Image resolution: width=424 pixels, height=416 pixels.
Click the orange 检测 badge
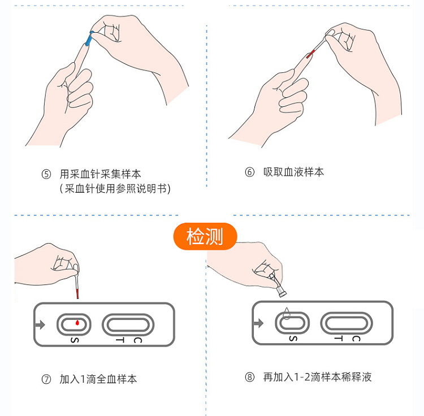(x=205, y=236)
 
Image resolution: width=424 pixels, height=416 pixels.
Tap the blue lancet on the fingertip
(x=89, y=38)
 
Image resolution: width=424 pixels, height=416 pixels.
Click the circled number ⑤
(x=46, y=174)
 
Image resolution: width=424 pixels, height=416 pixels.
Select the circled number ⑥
(x=249, y=172)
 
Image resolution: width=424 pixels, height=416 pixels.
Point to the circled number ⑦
(x=46, y=379)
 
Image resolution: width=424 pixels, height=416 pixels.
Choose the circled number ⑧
(x=249, y=377)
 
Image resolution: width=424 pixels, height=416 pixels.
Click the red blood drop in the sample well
(x=77, y=322)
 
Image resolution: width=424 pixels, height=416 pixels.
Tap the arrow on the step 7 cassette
(x=40, y=324)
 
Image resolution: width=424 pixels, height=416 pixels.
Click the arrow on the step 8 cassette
(x=259, y=323)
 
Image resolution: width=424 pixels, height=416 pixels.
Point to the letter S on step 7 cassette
(x=75, y=340)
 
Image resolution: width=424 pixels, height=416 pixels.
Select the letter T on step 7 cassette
(x=120, y=340)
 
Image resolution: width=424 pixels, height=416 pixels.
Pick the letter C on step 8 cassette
(x=356, y=339)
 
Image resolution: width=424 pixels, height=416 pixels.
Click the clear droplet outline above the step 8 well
(x=287, y=313)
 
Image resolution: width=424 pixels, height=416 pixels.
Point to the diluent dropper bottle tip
(x=282, y=293)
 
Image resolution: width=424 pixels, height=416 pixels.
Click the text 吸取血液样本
(x=293, y=172)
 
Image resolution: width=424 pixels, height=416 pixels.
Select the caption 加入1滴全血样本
(x=98, y=379)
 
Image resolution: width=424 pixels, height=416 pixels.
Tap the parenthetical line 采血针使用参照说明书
(x=115, y=188)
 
